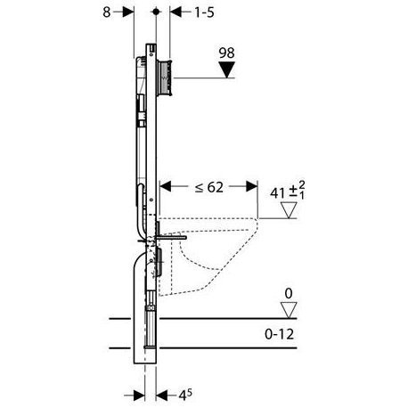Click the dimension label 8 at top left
point(107,12)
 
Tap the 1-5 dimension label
point(204,12)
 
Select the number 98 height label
point(226,53)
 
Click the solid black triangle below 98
point(227,69)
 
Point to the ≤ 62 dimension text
point(209,187)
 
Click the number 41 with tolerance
point(288,191)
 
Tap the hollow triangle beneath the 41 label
point(289,210)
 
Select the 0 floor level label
point(289,294)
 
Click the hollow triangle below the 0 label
point(289,310)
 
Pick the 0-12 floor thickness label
point(280,334)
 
